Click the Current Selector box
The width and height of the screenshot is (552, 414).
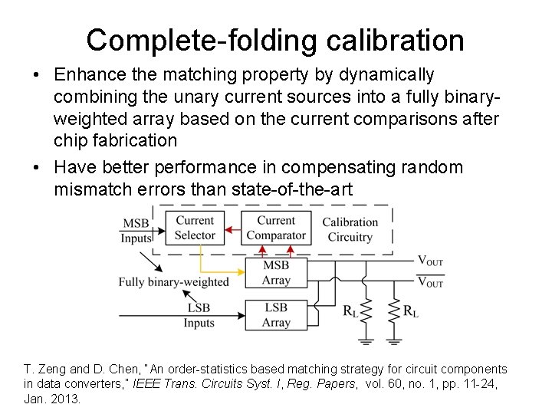[195, 228]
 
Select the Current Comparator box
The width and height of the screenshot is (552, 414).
[276, 228]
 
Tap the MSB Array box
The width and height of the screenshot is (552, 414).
[276, 272]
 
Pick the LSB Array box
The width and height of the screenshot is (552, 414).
[276, 314]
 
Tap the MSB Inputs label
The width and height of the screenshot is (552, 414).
[136, 231]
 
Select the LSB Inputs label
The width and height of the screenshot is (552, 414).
[199, 315]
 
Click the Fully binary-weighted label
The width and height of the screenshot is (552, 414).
[173, 282]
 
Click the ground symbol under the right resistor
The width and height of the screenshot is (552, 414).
[396, 338]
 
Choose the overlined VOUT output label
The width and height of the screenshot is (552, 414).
[430, 283]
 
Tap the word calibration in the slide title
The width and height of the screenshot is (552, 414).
[389, 41]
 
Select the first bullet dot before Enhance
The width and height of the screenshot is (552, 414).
[37, 76]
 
